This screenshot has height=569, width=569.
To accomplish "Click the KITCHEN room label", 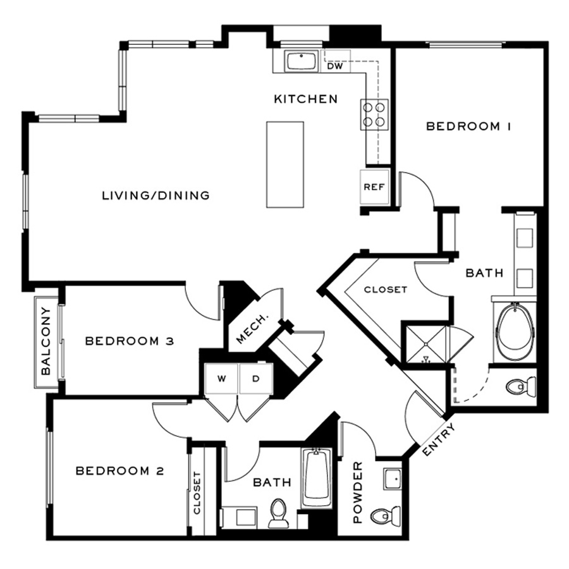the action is point(305,99).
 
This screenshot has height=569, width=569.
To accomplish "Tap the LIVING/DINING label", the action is point(156,195).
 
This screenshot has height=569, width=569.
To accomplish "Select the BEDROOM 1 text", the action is point(469,126).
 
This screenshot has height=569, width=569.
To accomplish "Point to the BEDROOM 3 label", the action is point(130,341).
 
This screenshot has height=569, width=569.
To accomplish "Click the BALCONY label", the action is point(46,341).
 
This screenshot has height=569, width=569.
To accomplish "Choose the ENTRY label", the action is point(439,440).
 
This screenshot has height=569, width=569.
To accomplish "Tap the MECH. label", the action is point(252,327).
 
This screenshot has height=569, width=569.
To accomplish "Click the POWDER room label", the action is point(357,492).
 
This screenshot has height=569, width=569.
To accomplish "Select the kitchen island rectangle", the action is point(285,165).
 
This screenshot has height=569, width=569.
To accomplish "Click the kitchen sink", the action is point(301,61).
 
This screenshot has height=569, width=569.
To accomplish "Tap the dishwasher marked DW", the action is point(335,61).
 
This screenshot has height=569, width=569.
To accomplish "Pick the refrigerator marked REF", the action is point(374,187).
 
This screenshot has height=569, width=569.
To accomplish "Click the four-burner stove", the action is point(374,114).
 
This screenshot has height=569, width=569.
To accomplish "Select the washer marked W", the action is point(222,379).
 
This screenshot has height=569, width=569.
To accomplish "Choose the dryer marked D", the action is point(256,379).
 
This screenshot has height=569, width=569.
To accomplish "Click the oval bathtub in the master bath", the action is point(515,332).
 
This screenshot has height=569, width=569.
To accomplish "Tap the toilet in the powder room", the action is point(385,515).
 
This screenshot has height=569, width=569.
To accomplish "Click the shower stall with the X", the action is point(427,344).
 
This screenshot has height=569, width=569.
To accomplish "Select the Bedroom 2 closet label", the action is point(197,493).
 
